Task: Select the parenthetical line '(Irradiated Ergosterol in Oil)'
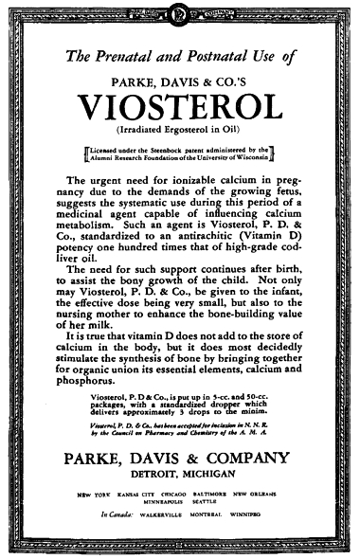tap(179, 128)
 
